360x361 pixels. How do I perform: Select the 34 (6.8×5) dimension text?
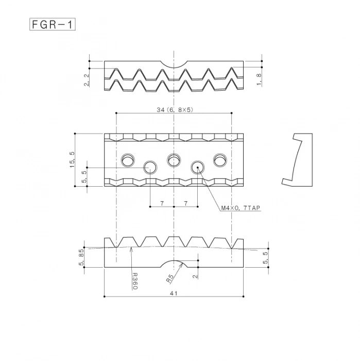(x=174, y=109)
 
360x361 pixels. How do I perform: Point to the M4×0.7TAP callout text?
(x=241, y=208)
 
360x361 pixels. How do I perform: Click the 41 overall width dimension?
(x=174, y=293)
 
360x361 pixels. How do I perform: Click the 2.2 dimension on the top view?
(x=87, y=79)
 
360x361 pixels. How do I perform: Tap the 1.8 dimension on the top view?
(x=259, y=78)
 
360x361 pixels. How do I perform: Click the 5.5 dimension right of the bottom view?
(x=265, y=258)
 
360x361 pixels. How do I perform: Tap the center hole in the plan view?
(x=174, y=160)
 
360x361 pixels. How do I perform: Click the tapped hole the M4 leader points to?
(x=198, y=167)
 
